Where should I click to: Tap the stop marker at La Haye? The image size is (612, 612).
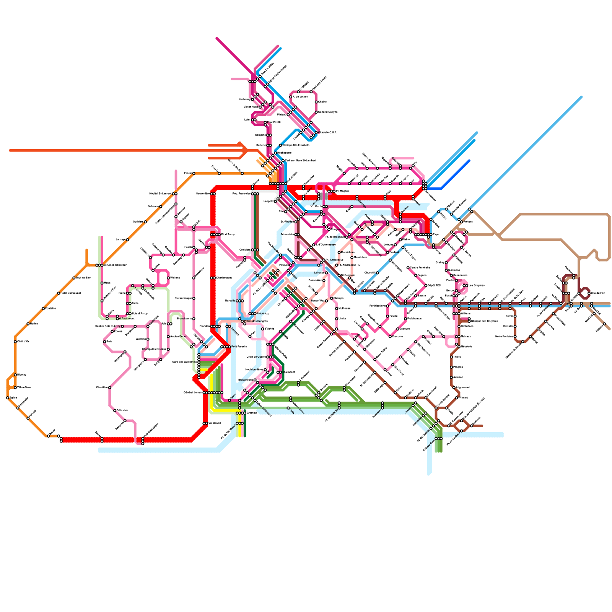coord(127,240)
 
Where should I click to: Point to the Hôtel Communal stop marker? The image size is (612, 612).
coord(59,293)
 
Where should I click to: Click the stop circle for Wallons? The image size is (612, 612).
coord(168,278)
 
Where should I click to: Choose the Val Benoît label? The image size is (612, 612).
coord(215,423)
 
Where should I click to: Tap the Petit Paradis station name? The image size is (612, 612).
coord(239,347)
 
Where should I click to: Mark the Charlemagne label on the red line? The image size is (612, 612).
coord(224,278)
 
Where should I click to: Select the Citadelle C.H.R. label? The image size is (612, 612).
coord(328,133)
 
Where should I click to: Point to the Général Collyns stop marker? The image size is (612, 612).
coord(316,112)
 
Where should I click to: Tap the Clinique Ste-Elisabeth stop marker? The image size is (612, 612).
coord(280,145)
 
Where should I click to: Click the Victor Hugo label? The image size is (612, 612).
coord(251,107)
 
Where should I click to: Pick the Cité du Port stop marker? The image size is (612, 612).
coord(589,293)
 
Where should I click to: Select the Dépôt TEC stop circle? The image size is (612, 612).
coord(426,286)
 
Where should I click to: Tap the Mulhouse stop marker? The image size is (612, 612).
coord(337,308)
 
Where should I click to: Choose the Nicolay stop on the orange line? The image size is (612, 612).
coord(15,375)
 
